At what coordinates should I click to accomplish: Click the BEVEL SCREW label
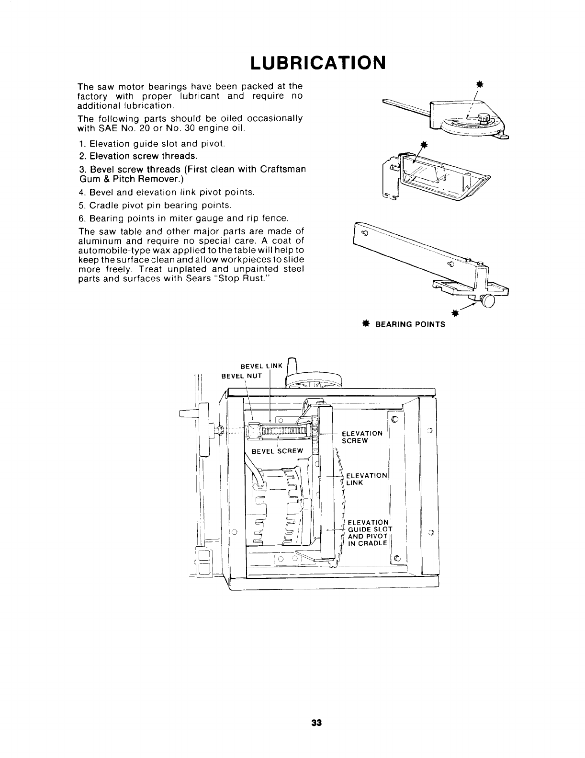[x=278, y=451]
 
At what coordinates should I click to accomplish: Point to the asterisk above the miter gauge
[x=478, y=85]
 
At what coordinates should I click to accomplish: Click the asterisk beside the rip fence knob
[x=455, y=313]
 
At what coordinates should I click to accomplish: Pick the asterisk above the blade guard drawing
[x=423, y=145]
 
